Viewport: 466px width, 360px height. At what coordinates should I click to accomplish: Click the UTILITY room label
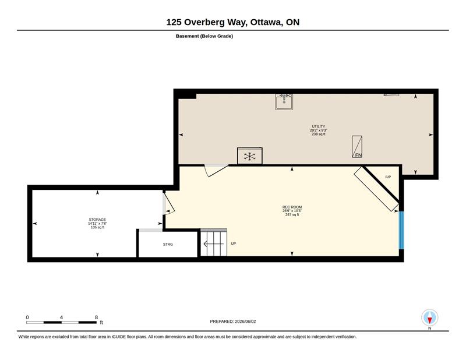tap(318, 126)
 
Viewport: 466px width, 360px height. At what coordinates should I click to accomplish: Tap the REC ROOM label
tap(292, 207)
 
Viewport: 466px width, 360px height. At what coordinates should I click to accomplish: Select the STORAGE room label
tap(97, 220)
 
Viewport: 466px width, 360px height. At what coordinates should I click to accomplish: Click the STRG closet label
tap(168, 244)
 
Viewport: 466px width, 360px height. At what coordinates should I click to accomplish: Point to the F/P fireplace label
tap(388, 177)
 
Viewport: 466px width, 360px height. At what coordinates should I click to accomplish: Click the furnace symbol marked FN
tap(357, 147)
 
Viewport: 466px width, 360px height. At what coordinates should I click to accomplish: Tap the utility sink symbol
tap(284, 102)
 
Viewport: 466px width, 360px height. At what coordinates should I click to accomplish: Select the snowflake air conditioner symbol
tap(250, 156)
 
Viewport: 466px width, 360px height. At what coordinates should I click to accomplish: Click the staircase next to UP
tap(214, 242)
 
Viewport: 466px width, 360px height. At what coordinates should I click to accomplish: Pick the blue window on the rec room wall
tap(401, 230)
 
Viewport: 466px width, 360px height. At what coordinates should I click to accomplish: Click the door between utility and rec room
tap(216, 170)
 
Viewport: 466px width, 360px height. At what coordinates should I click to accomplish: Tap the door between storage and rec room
tap(168, 203)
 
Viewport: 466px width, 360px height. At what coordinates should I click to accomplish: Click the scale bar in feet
tap(62, 322)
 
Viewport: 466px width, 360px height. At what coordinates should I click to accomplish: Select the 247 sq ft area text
tap(292, 214)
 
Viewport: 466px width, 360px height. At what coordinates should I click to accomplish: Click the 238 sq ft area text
tap(319, 134)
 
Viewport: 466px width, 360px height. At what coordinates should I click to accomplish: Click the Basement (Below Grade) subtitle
tap(204, 36)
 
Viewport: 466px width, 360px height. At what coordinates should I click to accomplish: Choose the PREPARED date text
tap(232, 322)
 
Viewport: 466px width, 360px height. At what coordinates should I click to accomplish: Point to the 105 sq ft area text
tap(97, 227)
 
